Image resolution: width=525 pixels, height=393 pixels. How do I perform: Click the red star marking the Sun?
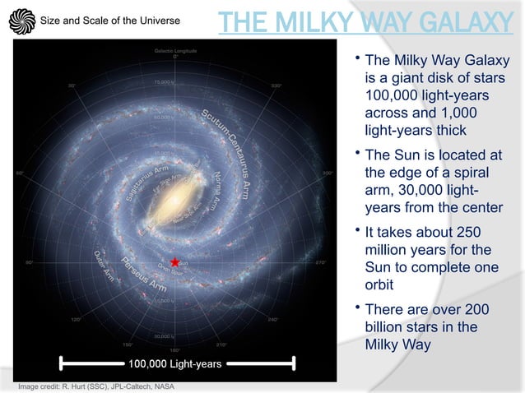[x=174, y=262]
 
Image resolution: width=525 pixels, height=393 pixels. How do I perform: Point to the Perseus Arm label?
[x=145, y=275]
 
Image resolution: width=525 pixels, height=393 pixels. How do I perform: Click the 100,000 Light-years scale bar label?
[x=175, y=363]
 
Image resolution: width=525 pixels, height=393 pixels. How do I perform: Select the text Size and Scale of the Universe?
[x=110, y=20]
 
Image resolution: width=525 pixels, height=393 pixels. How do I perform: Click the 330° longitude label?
[x=276, y=85]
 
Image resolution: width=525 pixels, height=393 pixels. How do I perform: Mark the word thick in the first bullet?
[x=448, y=129]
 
